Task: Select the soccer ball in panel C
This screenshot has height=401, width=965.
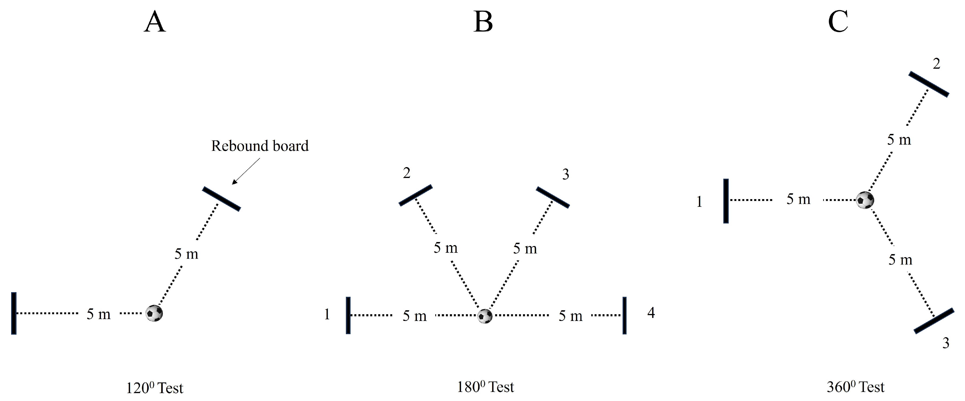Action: point(865,200)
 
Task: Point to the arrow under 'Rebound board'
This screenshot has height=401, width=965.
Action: point(246,171)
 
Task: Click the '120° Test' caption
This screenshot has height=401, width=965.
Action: point(154,388)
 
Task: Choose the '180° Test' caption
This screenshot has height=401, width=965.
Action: point(485,387)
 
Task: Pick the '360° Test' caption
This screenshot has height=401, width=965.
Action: point(855,387)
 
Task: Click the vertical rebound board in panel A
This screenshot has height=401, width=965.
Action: point(14,313)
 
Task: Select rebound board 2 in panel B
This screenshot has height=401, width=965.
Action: point(416,195)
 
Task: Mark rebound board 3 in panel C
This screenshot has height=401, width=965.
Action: point(933,321)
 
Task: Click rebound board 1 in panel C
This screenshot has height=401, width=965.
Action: point(726,201)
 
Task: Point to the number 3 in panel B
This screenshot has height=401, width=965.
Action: point(566,175)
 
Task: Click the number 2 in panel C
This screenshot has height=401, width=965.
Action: point(936,64)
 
